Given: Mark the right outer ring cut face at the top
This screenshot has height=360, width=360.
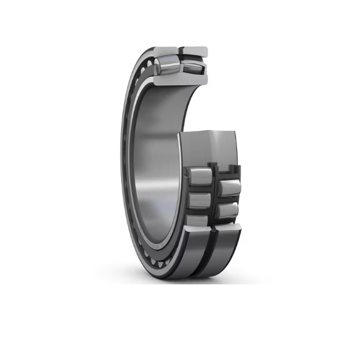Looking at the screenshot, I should (196, 50).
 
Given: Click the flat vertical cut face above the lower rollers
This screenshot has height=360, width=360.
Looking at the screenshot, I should (210, 147).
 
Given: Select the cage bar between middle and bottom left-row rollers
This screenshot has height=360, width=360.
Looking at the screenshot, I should (200, 209).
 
